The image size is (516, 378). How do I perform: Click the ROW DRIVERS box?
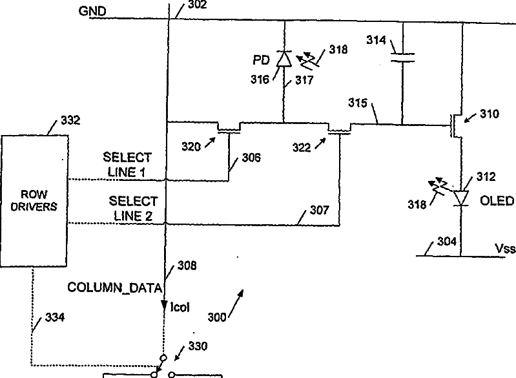coord(35,200)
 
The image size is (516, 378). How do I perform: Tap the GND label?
coord(90,11)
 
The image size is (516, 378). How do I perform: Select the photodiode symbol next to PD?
coord(283,59)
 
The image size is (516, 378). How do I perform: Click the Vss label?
coord(504,247)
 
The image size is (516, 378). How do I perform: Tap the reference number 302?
coord(198,5)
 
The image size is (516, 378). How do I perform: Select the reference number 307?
coord(319,211)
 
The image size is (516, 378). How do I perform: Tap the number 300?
coord(219,317)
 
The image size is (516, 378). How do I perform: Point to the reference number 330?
coord(198,346)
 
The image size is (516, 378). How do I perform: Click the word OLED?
coord(497,201)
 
